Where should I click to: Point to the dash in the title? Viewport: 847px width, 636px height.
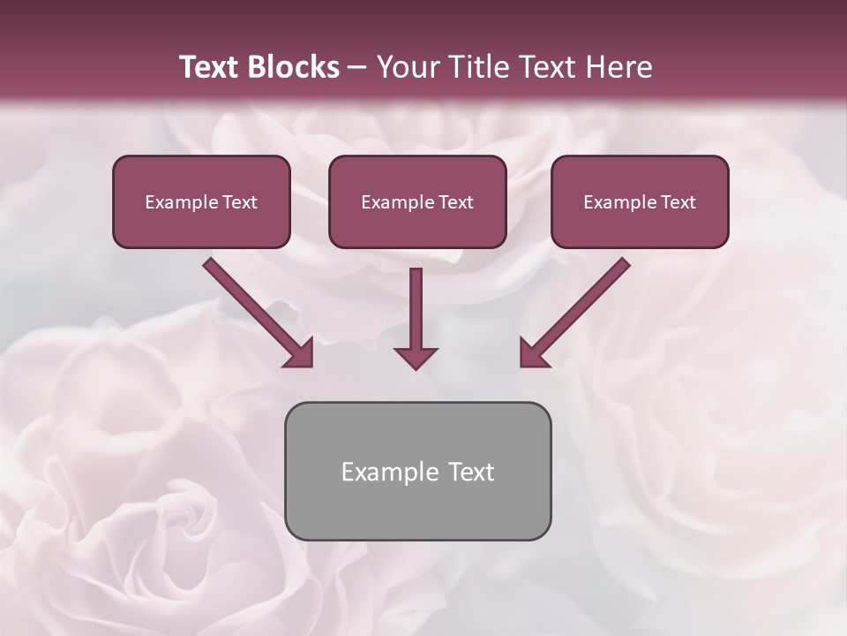[x=357, y=68]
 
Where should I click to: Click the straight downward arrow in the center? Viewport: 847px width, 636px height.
[x=416, y=314]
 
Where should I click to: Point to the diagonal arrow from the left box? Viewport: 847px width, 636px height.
[x=256, y=311]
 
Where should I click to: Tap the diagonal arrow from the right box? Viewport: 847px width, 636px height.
[x=576, y=311]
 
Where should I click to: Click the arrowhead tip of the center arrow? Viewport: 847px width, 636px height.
[x=416, y=367]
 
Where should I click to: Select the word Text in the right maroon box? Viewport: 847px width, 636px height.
[x=678, y=202]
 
